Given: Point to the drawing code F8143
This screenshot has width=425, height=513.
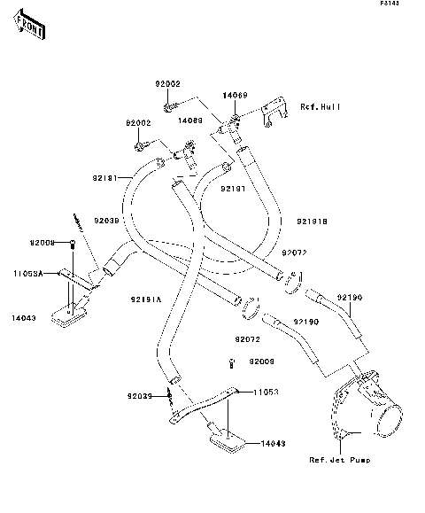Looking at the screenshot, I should click(390, 5).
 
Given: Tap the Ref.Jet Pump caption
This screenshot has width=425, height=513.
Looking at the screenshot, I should click(340, 461).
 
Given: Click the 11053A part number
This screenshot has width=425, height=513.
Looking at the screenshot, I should click(27, 273).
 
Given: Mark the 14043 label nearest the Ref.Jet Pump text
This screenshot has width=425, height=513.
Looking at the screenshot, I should click(274, 443).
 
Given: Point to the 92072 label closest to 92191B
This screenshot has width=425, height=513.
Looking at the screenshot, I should click(294, 253).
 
